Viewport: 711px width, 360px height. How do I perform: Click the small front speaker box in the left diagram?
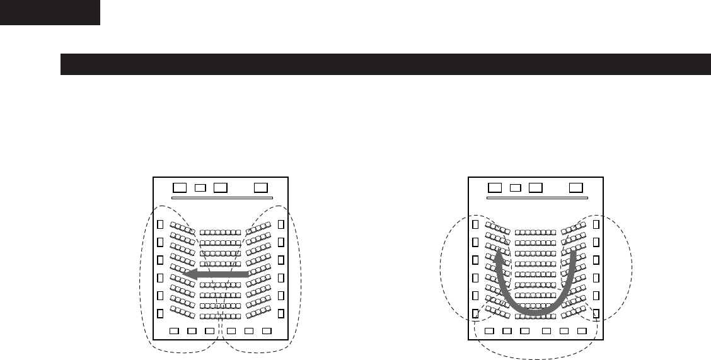click(200, 187)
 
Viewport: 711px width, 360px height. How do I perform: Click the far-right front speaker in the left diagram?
click(261, 187)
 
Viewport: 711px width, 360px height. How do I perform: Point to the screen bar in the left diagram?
click(221, 198)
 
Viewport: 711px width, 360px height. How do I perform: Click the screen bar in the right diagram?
click(536, 198)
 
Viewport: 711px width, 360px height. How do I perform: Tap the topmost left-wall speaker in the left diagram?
click(160, 224)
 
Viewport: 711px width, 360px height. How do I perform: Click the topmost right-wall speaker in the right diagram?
click(596, 224)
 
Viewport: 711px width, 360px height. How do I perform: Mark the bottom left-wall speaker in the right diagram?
click(475, 313)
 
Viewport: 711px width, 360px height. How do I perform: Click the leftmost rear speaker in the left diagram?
click(175, 331)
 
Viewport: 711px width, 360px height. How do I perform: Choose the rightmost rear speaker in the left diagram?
click(267, 331)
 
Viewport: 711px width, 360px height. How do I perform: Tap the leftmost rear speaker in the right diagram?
click(490, 331)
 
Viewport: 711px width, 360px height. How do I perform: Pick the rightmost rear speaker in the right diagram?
click(582, 331)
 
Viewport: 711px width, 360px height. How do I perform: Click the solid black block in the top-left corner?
click(50, 12)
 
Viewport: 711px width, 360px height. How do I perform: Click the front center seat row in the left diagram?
click(220, 232)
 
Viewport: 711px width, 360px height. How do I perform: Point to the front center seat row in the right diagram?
click(535, 232)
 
